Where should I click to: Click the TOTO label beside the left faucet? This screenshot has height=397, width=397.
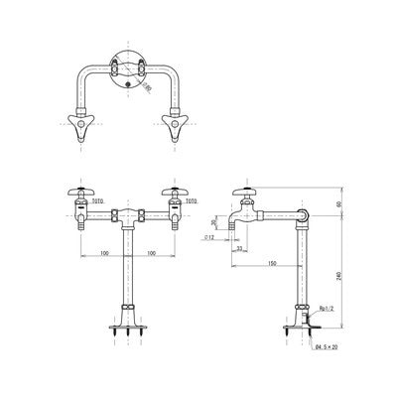pos(97,199)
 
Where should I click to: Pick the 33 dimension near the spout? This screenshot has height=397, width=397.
pos(241,247)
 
